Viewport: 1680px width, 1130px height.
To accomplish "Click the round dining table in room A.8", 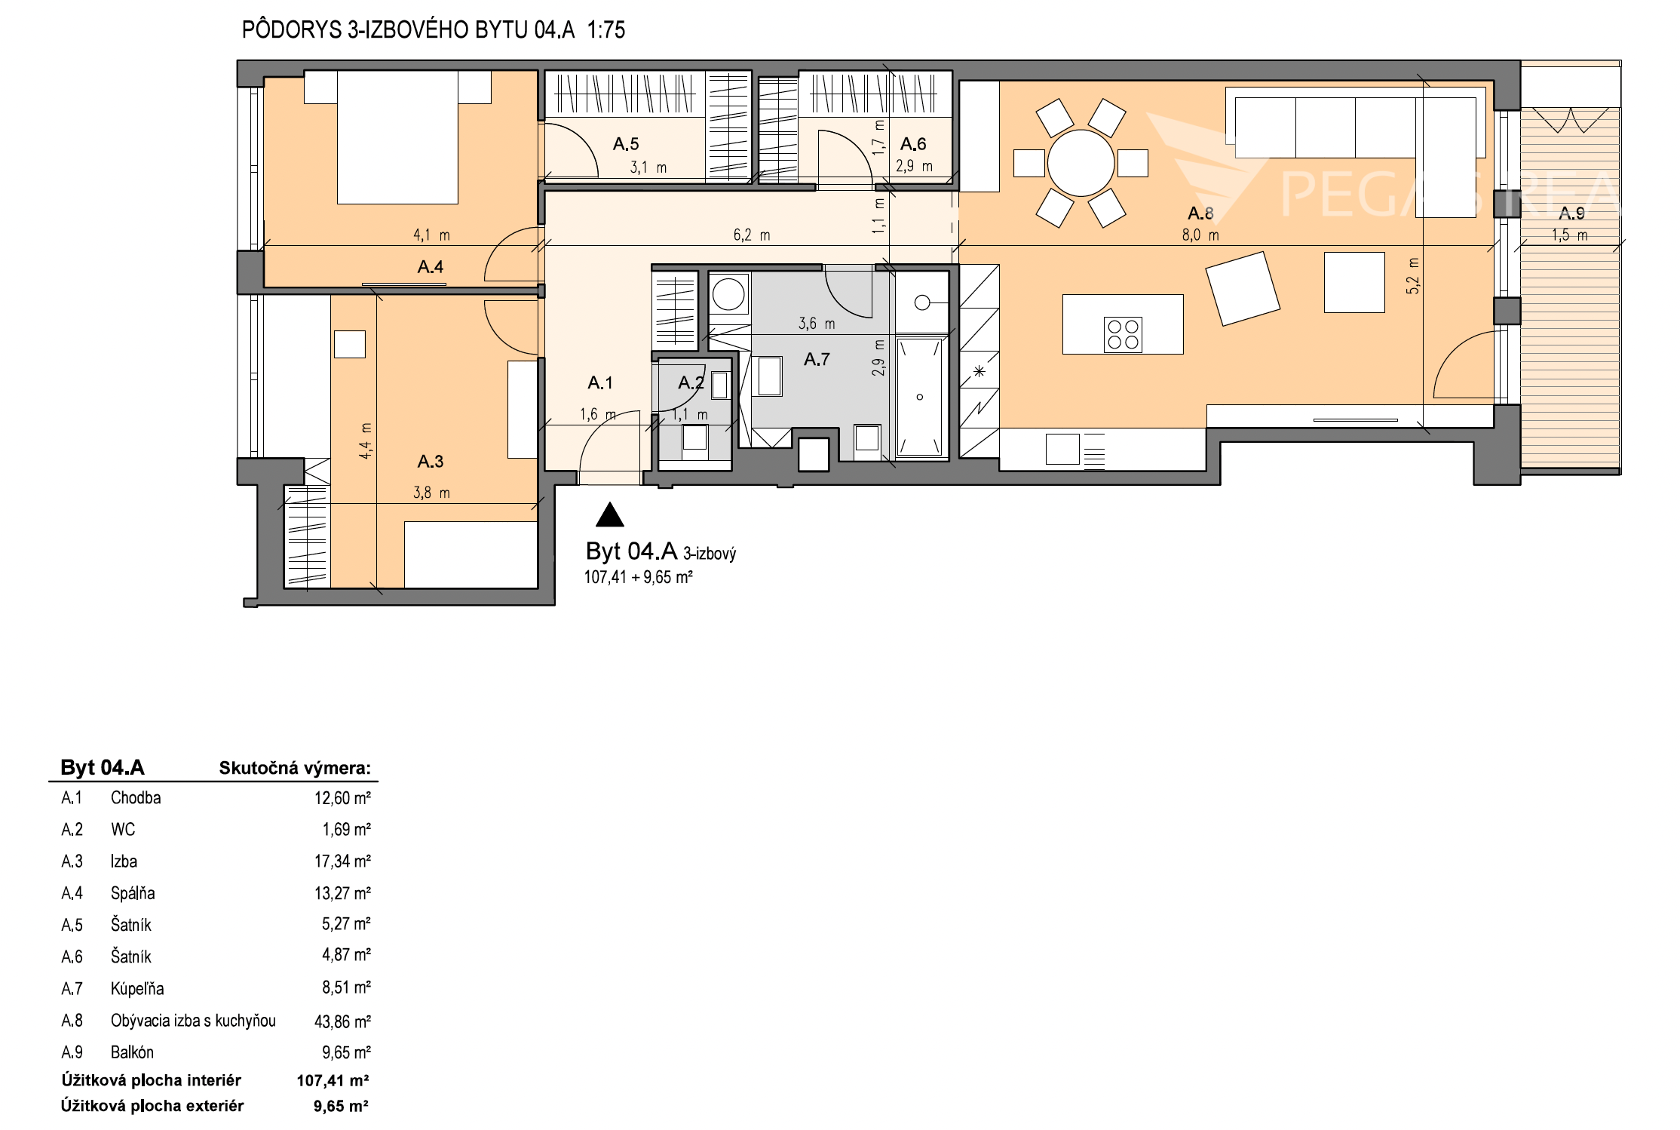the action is point(1081,163).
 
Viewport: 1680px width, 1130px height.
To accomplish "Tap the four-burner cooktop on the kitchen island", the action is point(1123,334).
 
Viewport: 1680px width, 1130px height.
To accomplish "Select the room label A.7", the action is point(816,360).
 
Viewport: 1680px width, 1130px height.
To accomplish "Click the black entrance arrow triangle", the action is point(609,514).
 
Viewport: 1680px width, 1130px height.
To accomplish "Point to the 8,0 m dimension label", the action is point(1200,235).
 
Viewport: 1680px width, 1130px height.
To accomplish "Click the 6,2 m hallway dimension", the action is point(752,235).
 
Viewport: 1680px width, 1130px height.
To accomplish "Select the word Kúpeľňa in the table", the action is point(137,989).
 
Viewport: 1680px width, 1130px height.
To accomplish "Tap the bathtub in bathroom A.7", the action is point(920,397).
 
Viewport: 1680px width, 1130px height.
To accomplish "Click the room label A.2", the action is point(691,383).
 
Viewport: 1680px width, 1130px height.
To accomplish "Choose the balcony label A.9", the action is point(1571,213).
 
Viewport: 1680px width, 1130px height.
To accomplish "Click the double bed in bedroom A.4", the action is point(397,137).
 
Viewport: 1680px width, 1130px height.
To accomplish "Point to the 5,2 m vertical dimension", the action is point(1412,275).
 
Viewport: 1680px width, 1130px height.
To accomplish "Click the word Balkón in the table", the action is point(132,1052).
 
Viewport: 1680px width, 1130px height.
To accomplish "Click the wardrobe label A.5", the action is point(626,143).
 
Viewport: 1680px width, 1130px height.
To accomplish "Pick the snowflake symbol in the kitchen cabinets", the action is point(979,370).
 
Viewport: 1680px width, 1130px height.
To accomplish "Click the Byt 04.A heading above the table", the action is point(103,768).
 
